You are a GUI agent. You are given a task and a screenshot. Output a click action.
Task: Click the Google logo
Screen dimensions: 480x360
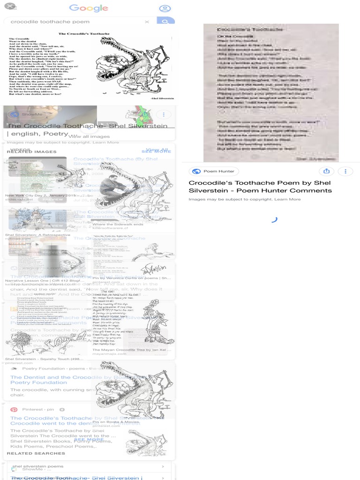point(89,8)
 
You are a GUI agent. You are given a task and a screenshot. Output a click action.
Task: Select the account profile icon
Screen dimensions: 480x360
point(165,8)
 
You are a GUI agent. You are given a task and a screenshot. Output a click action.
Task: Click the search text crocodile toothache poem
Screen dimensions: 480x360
point(50,22)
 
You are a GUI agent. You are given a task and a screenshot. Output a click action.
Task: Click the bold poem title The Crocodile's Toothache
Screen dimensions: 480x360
point(84,34)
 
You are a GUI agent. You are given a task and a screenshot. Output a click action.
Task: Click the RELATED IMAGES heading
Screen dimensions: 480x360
point(32,151)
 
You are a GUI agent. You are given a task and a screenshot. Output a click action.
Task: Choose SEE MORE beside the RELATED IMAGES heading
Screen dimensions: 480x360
point(157,151)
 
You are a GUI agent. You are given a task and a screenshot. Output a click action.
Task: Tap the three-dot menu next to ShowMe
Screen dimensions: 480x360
point(164,114)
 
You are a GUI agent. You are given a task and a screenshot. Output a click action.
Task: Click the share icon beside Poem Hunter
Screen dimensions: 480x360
point(327,171)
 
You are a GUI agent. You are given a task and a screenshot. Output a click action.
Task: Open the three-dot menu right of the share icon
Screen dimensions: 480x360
point(345,171)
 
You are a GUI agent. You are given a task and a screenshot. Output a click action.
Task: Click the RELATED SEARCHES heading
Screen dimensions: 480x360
point(36,453)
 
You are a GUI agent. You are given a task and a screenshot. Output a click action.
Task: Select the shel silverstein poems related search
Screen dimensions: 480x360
point(38,466)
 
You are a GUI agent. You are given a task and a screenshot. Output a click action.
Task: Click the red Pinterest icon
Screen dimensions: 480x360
point(14,409)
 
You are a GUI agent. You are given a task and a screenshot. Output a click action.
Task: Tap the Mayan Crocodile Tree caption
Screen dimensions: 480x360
point(123,350)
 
